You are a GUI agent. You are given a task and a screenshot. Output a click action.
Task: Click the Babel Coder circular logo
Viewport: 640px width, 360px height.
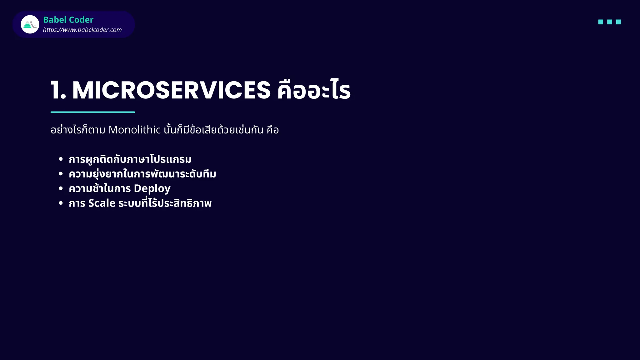[x=30, y=24]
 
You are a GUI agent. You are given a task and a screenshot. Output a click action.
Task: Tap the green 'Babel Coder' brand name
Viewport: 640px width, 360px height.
[x=68, y=20]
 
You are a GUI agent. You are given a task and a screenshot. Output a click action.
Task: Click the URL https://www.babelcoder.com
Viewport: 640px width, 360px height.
[x=82, y=30]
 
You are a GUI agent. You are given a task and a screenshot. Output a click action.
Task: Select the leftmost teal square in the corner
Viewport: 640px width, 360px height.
[x=601, y=22]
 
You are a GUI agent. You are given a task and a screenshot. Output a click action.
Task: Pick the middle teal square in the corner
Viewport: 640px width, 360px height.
[x=609, y=22]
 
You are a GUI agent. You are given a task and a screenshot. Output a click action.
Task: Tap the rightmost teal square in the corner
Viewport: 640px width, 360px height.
[x=618, y=22]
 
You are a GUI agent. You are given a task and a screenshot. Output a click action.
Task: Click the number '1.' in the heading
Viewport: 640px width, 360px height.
[x=58, y=90]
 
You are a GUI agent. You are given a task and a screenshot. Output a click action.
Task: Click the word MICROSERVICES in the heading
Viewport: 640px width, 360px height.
[x=171, y=90]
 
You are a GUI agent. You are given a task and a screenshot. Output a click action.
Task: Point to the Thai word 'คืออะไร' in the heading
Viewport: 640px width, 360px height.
[x=314, y=90]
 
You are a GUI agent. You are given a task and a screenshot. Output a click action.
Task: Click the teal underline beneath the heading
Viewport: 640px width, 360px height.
[x=93, y=112]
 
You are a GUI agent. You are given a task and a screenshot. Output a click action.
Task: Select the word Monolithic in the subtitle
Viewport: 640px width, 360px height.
[x=134, y=130]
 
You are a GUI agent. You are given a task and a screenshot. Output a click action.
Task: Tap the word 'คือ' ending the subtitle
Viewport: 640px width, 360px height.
[x=272, y=130]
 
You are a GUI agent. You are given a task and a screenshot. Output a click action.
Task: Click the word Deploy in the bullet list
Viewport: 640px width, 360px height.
[x=152, y=188]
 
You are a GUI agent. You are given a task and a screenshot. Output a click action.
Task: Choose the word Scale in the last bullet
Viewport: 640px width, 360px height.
[x=102, y=203]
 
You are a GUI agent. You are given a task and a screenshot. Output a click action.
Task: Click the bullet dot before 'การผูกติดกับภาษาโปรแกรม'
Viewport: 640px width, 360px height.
[x=61, y=159]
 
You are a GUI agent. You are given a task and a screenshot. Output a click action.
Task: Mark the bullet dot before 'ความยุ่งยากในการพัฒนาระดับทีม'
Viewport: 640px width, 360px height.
[x=61, y=174]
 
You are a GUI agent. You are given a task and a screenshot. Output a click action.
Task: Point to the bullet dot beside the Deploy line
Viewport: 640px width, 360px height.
[x=61, y=188]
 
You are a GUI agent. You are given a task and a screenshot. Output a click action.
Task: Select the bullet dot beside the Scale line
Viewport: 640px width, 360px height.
[x=61, y=203]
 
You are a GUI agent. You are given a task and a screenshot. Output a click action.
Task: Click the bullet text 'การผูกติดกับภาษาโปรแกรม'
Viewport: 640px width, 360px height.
[x=130, y=159]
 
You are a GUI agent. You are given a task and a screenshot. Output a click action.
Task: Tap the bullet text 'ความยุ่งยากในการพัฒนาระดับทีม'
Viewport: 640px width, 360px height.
[x=142, y=174]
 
